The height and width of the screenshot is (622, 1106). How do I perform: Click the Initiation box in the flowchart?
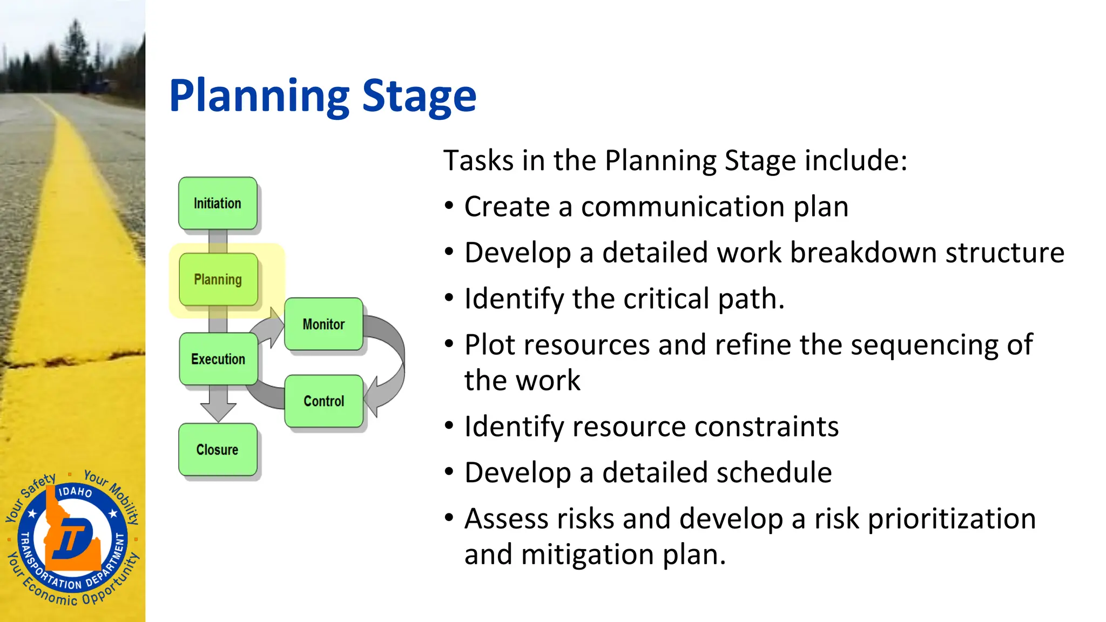(x=218, y=204)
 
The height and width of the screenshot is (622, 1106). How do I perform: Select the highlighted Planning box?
(x=218, y=279)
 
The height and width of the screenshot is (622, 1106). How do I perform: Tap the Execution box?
(x=218, y=359)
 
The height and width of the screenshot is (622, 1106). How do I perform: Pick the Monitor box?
(x=323, y=324)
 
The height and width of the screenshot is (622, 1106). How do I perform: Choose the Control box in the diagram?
(x=323, y=401)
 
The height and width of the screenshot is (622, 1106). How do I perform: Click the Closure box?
(x=218, y=450)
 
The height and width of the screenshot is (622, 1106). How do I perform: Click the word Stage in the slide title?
(x=419, y=96)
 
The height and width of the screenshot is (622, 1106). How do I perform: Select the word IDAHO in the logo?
(x=75, y=491)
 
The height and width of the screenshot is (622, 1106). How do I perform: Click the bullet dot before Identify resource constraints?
(x=449, y=426)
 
